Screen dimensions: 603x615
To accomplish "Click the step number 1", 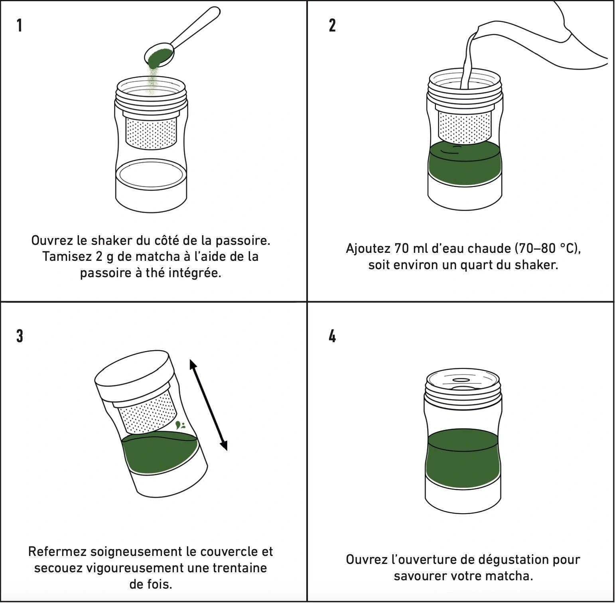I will tap(19, 25).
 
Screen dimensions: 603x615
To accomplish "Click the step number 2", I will tap(332, 25).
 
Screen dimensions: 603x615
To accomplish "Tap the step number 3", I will tap(20, 336).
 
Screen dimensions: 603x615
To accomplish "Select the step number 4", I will tap(332, 336).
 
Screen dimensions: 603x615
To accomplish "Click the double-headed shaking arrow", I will tap(208, 404).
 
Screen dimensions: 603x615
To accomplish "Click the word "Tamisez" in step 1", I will tap(67, 256).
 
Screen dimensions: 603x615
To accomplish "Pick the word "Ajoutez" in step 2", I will tap(368, 248).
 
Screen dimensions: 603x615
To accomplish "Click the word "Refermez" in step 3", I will tap(57, 552).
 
